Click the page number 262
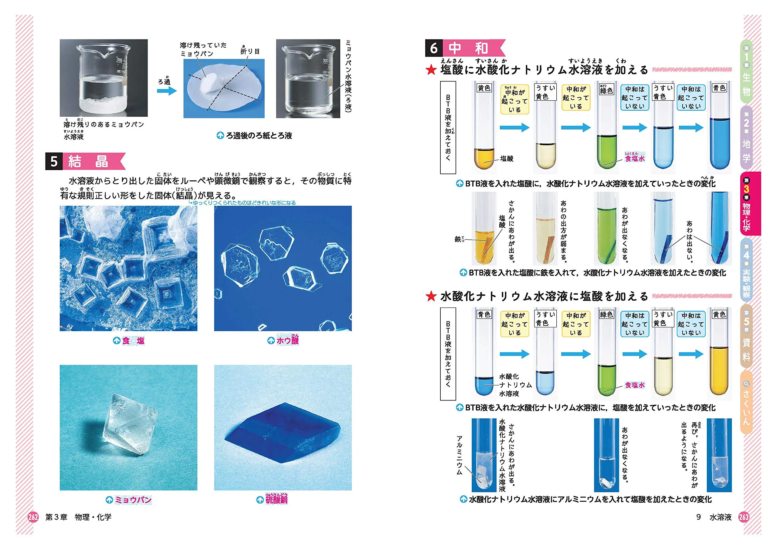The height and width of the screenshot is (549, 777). click(33, 517)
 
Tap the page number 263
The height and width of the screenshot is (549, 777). click(744, 517)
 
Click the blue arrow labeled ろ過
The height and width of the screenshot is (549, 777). click(167, 91)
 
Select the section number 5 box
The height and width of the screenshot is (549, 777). click(54, 161)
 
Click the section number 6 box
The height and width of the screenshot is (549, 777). click(433, 48)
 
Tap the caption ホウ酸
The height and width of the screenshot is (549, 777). click(287, 340)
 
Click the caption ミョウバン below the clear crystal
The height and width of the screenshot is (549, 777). click(133, 500)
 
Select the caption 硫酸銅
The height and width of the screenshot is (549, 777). click(276, 499)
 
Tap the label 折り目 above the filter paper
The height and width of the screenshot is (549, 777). click(250, 52)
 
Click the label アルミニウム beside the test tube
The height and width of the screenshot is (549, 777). click(459, 455)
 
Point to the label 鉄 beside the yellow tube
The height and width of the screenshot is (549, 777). click(458, 239)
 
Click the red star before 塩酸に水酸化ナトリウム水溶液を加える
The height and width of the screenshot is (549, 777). click(431, 70)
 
